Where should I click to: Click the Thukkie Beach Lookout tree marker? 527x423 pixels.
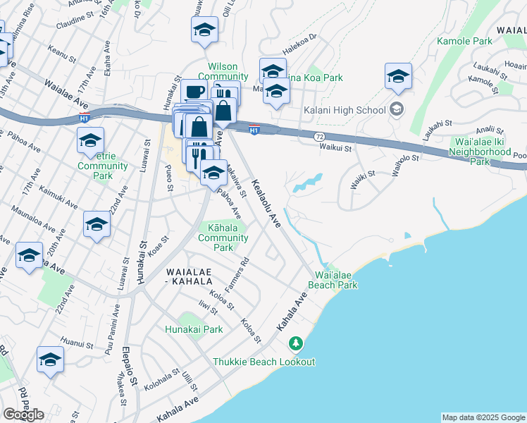pos(296,344)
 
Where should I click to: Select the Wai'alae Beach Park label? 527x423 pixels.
pos(333,280)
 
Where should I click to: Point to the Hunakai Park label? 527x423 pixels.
pos(194,329)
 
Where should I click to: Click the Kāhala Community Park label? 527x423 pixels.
pos(223,238)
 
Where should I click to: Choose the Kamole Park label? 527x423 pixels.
pos(464,42)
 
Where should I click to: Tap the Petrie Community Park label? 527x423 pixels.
pos(103,166)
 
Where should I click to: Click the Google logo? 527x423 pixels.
pos(23,414)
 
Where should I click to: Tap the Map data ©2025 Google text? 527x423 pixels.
pos(483,417)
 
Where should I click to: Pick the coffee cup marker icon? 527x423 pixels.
pos(194,92)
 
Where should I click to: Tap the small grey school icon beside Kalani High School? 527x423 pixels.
pos(397,109)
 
